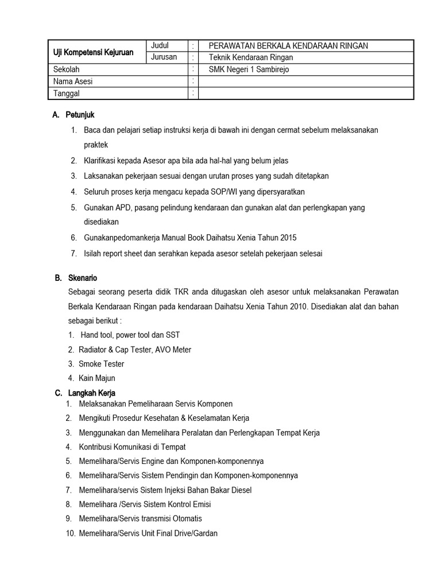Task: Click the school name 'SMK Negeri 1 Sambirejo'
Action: (x=250, y=69)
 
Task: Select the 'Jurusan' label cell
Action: (x=164, y=57)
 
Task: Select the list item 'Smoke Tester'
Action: (x=101, y=364)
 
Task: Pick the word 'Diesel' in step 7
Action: (x=240, y=490)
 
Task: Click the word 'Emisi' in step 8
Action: (x=201, y=504)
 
